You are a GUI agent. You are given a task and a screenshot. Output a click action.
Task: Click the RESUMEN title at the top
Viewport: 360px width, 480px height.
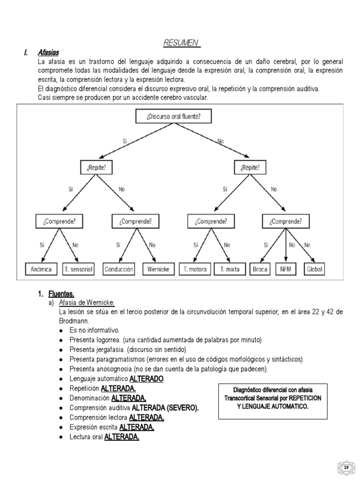182,43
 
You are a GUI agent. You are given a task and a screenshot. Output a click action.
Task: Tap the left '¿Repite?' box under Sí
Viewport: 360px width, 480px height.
96,167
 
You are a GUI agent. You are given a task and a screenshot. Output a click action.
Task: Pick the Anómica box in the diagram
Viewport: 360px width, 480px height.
42,270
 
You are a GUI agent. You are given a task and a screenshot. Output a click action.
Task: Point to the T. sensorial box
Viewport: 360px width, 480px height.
79,270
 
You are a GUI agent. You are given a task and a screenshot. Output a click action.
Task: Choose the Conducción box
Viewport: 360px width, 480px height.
119,270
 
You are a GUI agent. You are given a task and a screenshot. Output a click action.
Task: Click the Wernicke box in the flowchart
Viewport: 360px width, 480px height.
158,270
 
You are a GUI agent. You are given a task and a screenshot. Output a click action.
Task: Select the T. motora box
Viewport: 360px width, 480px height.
195,270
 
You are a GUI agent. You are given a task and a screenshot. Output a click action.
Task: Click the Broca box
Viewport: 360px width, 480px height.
260,270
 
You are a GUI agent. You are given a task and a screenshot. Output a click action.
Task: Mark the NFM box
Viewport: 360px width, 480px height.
286,270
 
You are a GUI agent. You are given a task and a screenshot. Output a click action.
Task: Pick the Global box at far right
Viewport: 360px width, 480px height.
315,270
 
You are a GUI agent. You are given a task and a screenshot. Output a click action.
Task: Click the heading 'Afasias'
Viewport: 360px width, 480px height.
48,52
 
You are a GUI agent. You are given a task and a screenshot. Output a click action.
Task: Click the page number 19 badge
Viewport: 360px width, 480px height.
346,468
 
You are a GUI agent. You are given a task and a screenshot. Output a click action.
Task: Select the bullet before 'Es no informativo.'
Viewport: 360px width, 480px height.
61,330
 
